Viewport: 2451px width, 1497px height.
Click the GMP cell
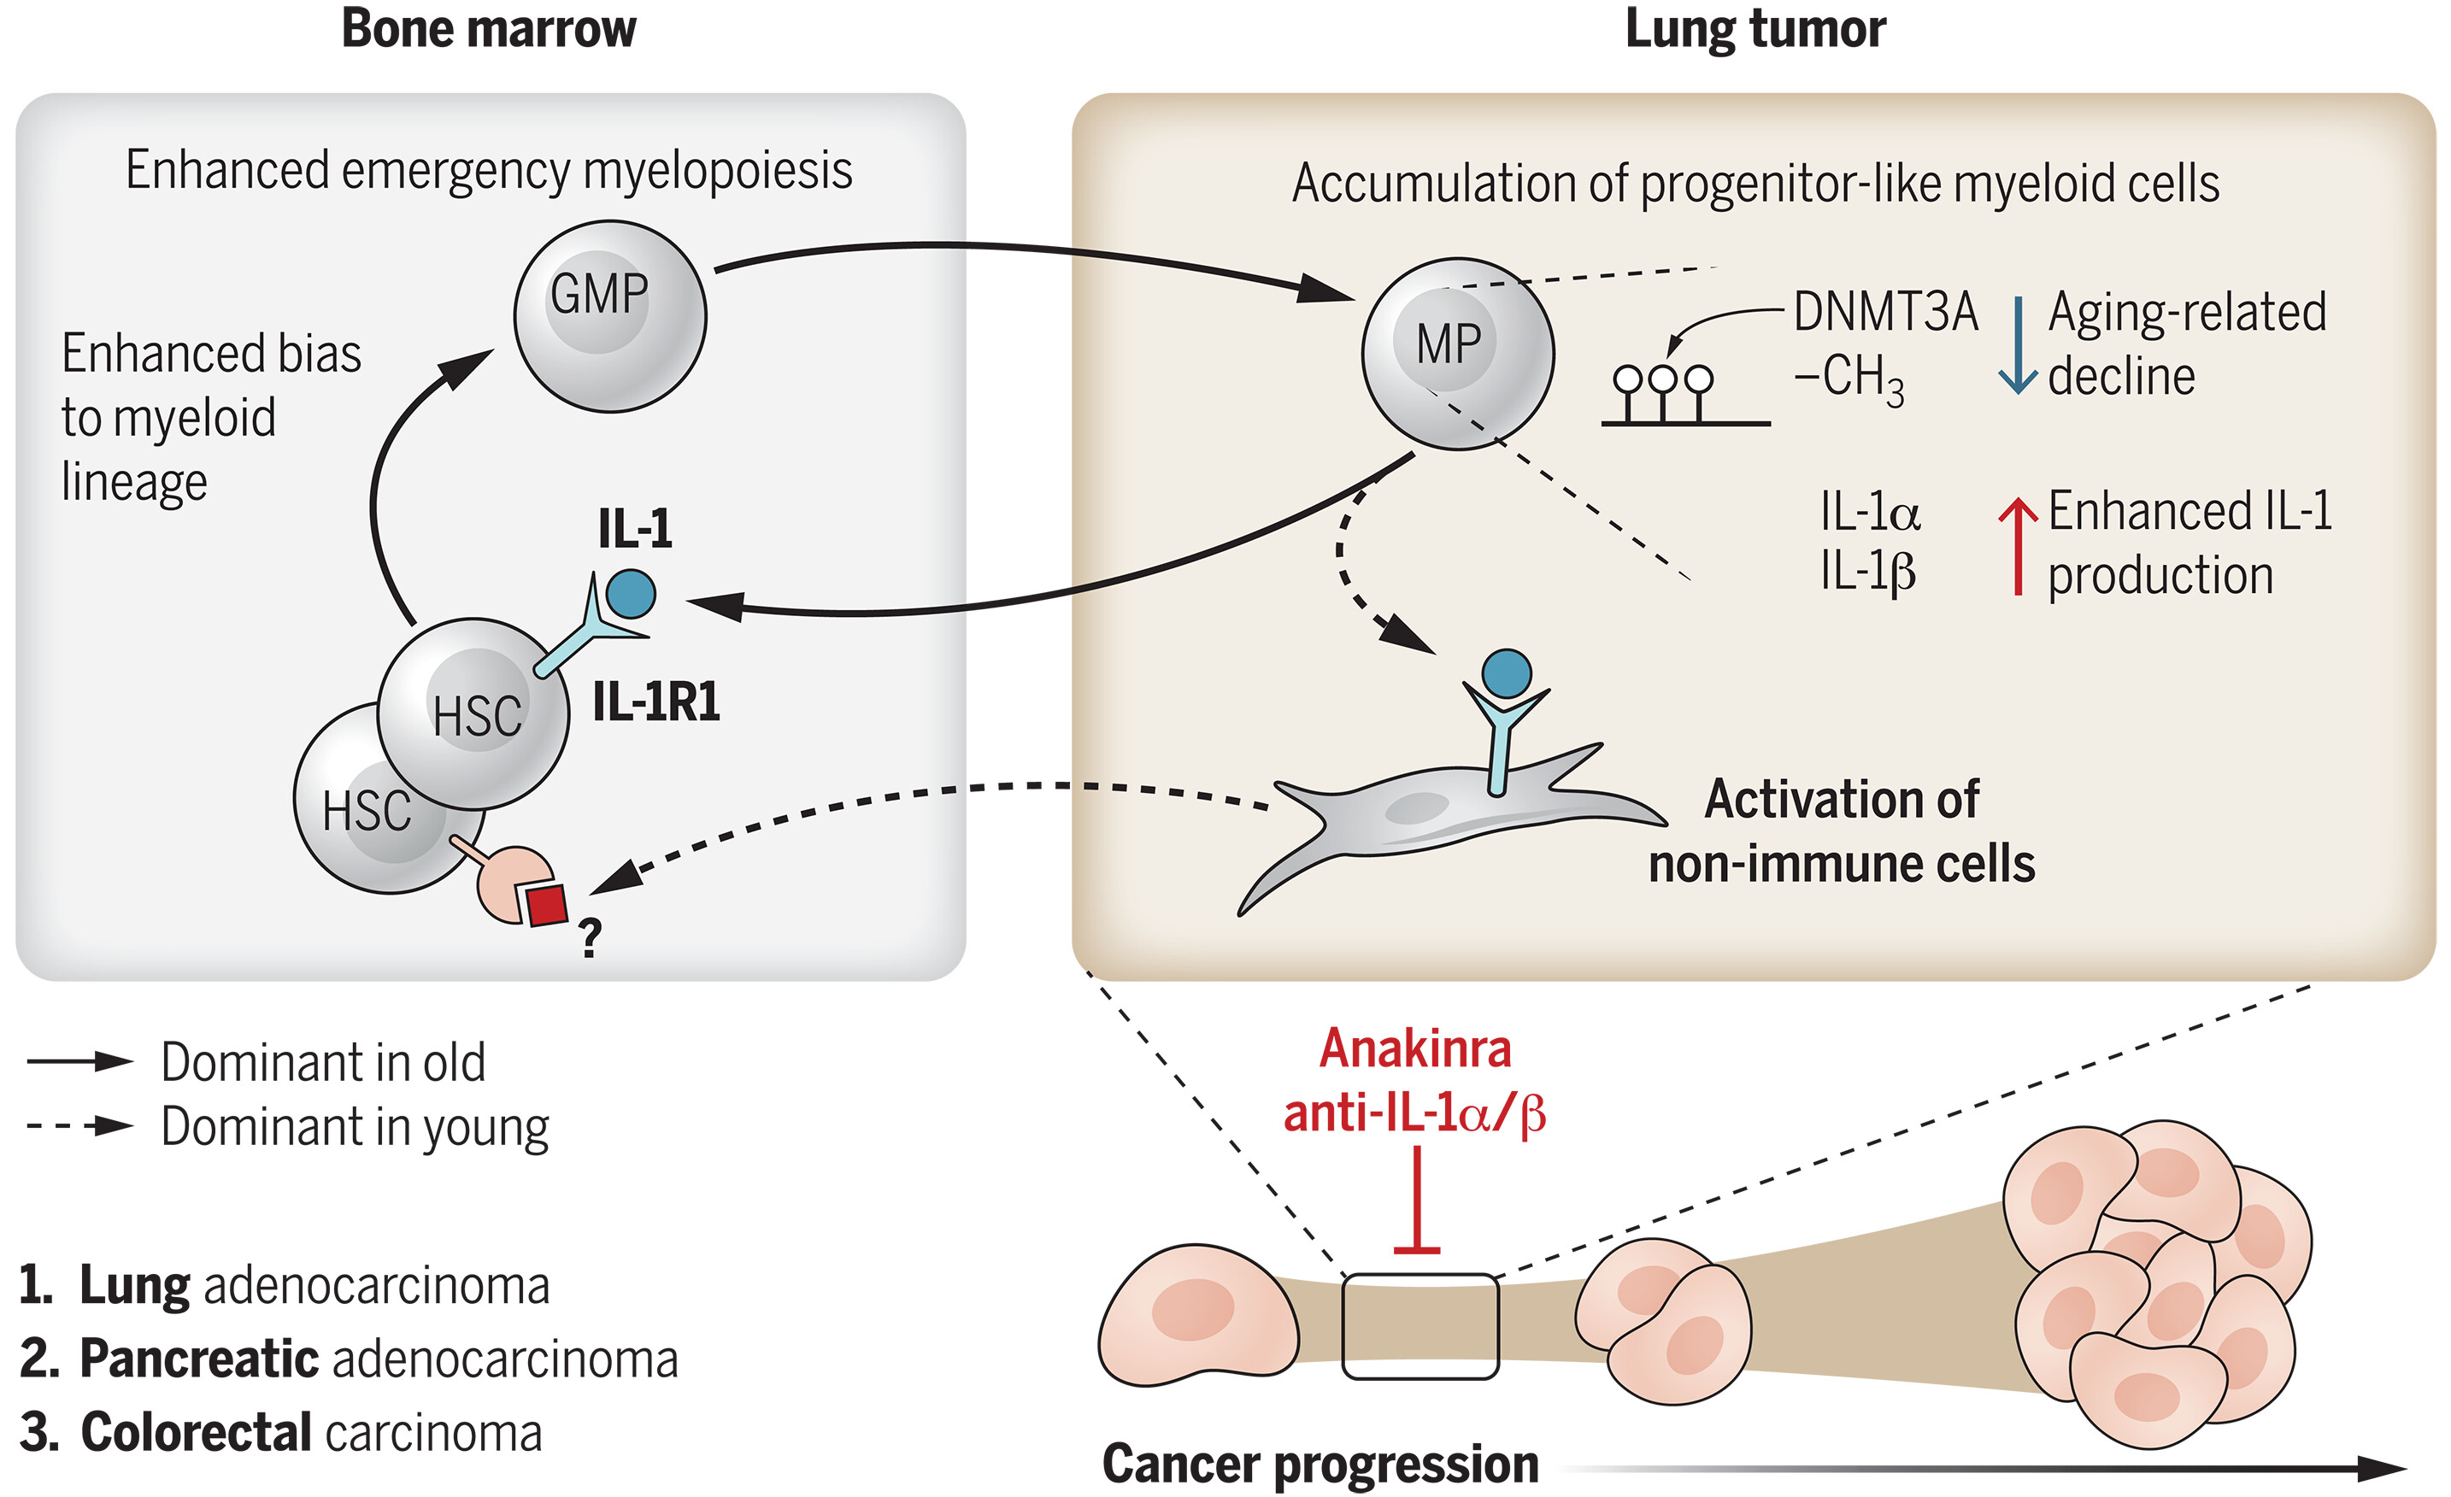(x=610, y=315)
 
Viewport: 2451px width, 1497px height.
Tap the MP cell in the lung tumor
(x=1457, y=353)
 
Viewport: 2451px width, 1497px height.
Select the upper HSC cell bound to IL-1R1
(x=473, y=713)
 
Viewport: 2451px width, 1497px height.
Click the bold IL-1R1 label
(x=655, y=702)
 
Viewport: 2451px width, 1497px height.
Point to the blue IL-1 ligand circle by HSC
(x=631, y=594)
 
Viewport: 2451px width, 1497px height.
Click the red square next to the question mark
(x=546, y=905)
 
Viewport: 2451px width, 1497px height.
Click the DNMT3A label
(x=1885, y=313)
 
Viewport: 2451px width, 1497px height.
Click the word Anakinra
(x=1414, y=1049)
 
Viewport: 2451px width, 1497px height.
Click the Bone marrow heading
(x=489, y=29)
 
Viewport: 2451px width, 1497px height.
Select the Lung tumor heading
(x=1754, y=29)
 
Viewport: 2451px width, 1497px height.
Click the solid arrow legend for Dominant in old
(x=79, y=1062)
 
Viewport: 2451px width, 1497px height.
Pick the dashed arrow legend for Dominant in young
(x=79, y=1127)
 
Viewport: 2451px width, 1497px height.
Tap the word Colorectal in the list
(x=196, y=1432)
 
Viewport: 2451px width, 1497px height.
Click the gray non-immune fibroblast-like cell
(x=1432, y=816)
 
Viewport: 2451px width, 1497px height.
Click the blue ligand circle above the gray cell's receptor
(x=1506, y=673)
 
